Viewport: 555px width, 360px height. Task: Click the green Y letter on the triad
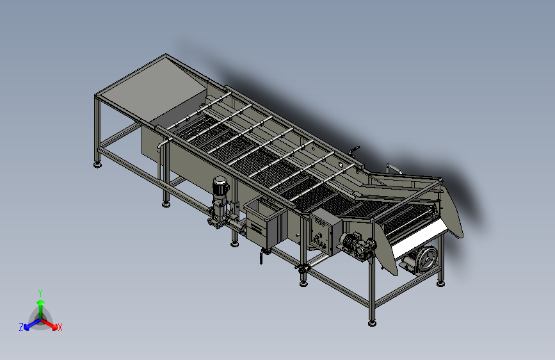coord(40,291)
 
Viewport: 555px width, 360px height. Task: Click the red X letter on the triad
coord(60,328)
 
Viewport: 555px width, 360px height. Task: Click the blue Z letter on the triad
coord(21,327)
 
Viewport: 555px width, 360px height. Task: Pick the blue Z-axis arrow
coord(30,324)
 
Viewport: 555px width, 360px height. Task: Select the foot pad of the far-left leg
coord(97,165)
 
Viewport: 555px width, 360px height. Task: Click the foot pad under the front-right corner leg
coord(372,322)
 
